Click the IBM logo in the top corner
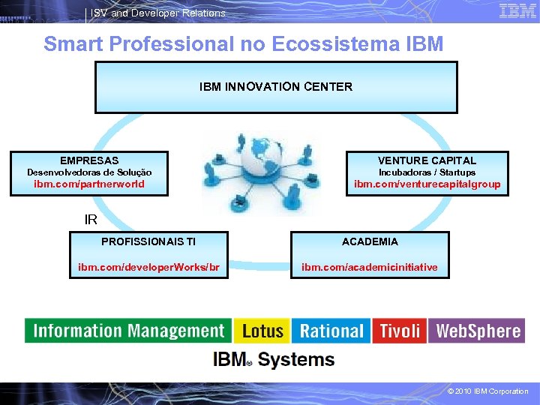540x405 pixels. click(x=517, y=10)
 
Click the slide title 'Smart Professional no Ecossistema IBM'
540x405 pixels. click(x=244, y=43)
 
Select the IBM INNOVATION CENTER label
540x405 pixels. click(x=275, y=86)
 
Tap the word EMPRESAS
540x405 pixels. click(x=89, y=160)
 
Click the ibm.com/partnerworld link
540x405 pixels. click(x=89, y=184)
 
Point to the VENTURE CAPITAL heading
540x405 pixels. click(x=427, y=160)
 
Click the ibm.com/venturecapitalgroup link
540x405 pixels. click(x=427, y=184)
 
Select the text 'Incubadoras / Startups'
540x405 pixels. click(x=427, y=172)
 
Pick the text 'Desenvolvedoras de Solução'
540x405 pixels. click(x=89, y=172)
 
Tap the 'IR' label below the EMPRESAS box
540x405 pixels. click(x=91, y=220)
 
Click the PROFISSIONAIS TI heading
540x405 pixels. click(x=148, y=241)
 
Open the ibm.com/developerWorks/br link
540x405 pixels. click(x=148, y=267)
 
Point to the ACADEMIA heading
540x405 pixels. click(x=370, y=241)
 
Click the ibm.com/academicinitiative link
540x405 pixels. click(x=370, y=267)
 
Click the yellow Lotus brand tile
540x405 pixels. click(x=262, y=331)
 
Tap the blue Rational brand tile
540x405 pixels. click(x=331, y=331)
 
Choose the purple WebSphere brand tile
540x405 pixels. click(x=477, y=331)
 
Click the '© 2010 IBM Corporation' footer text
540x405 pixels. click(x=487, y=391)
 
